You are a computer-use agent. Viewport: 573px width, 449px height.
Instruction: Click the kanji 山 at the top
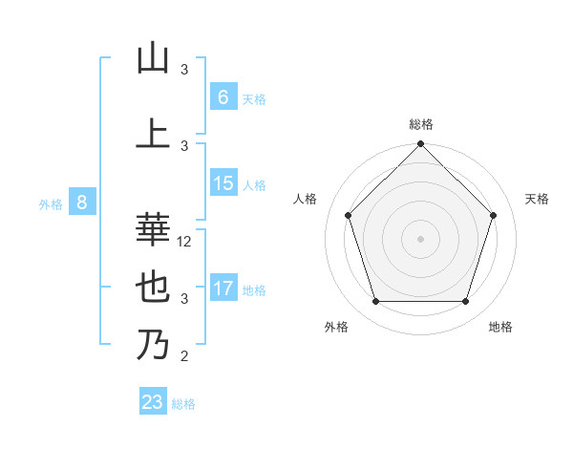tap(153, 58)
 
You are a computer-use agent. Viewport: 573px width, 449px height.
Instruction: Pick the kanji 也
tap(153, 288)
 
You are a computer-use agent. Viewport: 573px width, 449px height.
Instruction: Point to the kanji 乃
tap(153, 345)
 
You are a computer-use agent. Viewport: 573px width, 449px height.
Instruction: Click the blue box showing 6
tap(223, 96)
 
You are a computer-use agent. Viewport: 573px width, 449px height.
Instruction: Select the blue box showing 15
tap(223, 183)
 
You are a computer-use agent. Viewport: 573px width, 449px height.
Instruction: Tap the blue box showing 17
tap(223, 289)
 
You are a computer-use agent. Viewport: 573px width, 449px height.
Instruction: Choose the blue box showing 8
tap(82, 203)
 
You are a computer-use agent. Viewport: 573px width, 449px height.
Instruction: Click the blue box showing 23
tap(153, 402)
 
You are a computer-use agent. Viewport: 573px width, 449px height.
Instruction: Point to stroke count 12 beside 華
tap(185, 243)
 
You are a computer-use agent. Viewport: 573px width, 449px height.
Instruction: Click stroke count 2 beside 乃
tap(184, 357)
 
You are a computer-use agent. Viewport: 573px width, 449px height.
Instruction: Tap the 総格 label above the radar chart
tap(420, 124)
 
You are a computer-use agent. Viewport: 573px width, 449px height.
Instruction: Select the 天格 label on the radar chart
tap(538, 199)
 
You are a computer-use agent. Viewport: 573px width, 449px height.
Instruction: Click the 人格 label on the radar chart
tap(305, 199)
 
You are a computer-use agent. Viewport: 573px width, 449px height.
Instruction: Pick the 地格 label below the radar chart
tap(500, 327)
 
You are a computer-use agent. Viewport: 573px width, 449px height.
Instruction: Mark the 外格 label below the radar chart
tap(336, 327)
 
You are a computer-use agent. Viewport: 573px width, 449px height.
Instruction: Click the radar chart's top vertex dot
tap(420, 145)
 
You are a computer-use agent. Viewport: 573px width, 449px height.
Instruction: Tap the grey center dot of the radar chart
tap(420, 239)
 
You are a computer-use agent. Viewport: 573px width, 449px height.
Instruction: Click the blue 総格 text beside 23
tap(183, 404)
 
